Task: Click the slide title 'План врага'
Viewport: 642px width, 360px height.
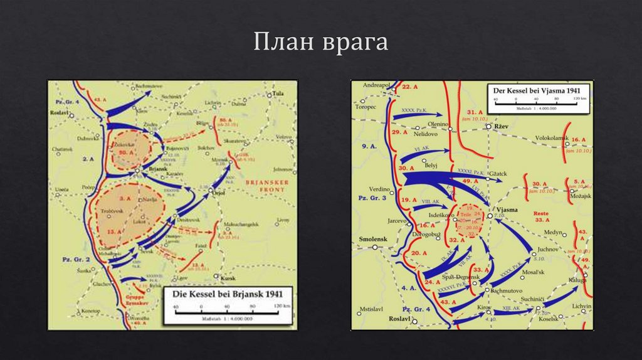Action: (320, 43)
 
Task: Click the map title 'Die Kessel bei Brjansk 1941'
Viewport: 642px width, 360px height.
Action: (228, 294)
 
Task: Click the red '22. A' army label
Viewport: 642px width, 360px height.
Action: (411, 88)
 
